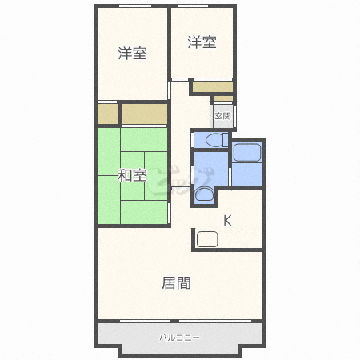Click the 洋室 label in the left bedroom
(133, 54)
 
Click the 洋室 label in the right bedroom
(202, 42)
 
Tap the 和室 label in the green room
(132, 175)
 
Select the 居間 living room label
(176, 283)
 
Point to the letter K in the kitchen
(227, 221)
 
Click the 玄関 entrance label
(222, 116)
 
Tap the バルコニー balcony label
(179, 338)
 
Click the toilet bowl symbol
(217, 140)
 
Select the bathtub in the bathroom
(247, 153)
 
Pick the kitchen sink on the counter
(207, 239)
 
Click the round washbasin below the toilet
(204, 194)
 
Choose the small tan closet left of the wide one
(107, 114)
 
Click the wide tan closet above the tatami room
(145, 114)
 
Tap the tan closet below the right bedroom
(213, 87)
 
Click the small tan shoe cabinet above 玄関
(223, 98)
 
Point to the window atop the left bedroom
(135, 6)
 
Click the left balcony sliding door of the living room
(146, 321)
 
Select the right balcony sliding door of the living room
(215, 321)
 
